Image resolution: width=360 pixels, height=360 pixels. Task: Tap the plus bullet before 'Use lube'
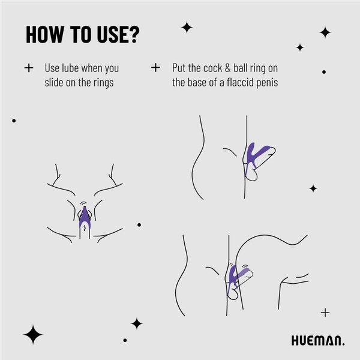(x=28, y=68)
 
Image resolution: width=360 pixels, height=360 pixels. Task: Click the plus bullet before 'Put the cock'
(x=156, y=68)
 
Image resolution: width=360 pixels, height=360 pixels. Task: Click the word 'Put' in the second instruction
(x=179, y=68)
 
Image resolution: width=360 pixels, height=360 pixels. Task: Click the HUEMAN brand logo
(x=316, y=341)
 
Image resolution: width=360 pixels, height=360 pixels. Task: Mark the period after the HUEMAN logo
(x=344, y=344)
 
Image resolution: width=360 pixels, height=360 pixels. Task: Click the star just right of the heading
(x=187, y=27)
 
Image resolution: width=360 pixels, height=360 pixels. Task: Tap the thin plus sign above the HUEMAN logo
(x=325, y=312)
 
